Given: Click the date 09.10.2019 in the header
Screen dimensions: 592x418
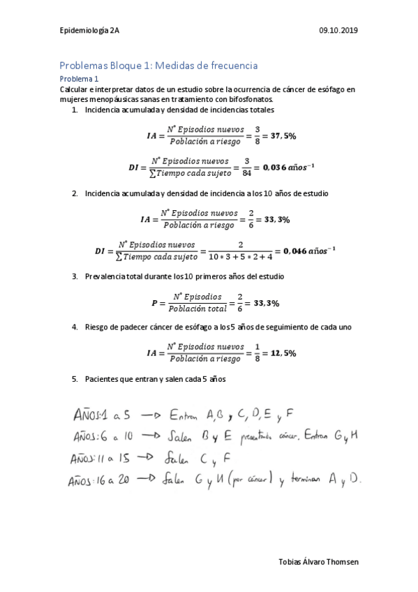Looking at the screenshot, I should [x=338, y=30].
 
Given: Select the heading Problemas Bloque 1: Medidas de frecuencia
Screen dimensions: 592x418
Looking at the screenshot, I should [x=159, y=66].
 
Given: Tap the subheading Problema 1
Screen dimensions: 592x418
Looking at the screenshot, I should [x=80, y=79].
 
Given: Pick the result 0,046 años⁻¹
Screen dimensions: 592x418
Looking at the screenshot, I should [x=306, y=251].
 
